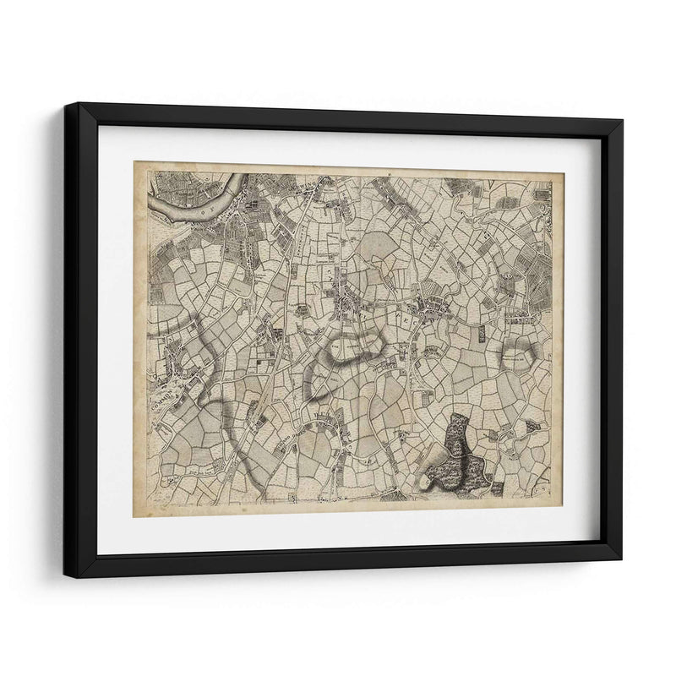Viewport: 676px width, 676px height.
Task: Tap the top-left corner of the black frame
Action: click(x=78, y=104)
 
